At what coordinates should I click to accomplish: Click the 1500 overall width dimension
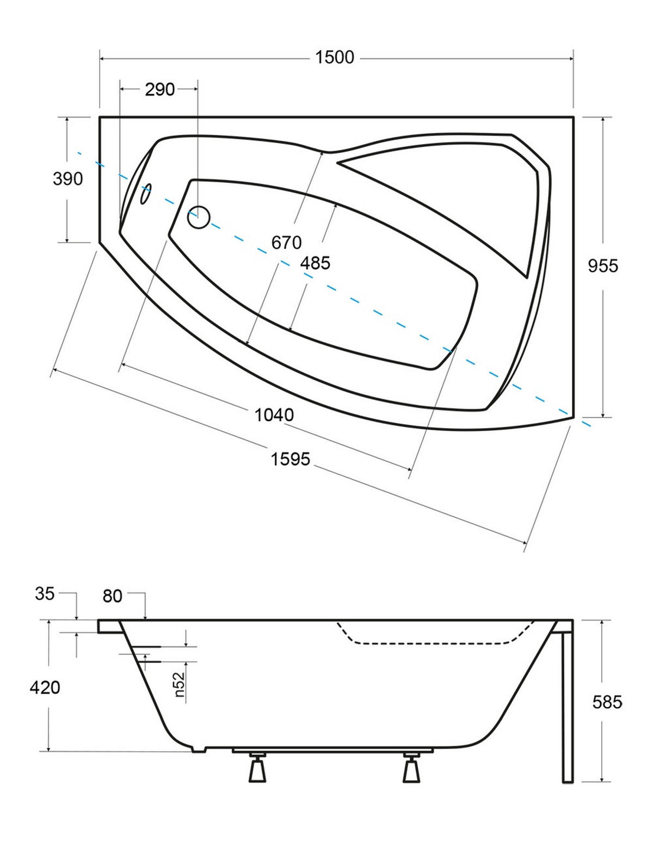pyautogui.click(x=334, y=58)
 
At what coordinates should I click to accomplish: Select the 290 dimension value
pyautogui.click(x=159, y=90)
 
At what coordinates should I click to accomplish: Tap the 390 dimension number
pyautogui.click(x=67, y=179)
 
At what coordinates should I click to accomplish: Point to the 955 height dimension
pyautogui.click(x=603, y=266)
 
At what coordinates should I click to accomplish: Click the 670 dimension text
pyautogui.click(x=286, y=243)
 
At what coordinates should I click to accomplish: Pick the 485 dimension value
pyautogui.click(x=315, y=263)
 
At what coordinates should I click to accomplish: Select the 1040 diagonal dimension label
pyautogui.click(x=274, y=414)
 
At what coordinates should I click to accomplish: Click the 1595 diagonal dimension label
pyautogui.click(x=290, y=459)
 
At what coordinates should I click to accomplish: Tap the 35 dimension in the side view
pyautogui.click(x=45, y=594)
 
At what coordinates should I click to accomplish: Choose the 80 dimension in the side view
pyautogui.click(x=113, y=596)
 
